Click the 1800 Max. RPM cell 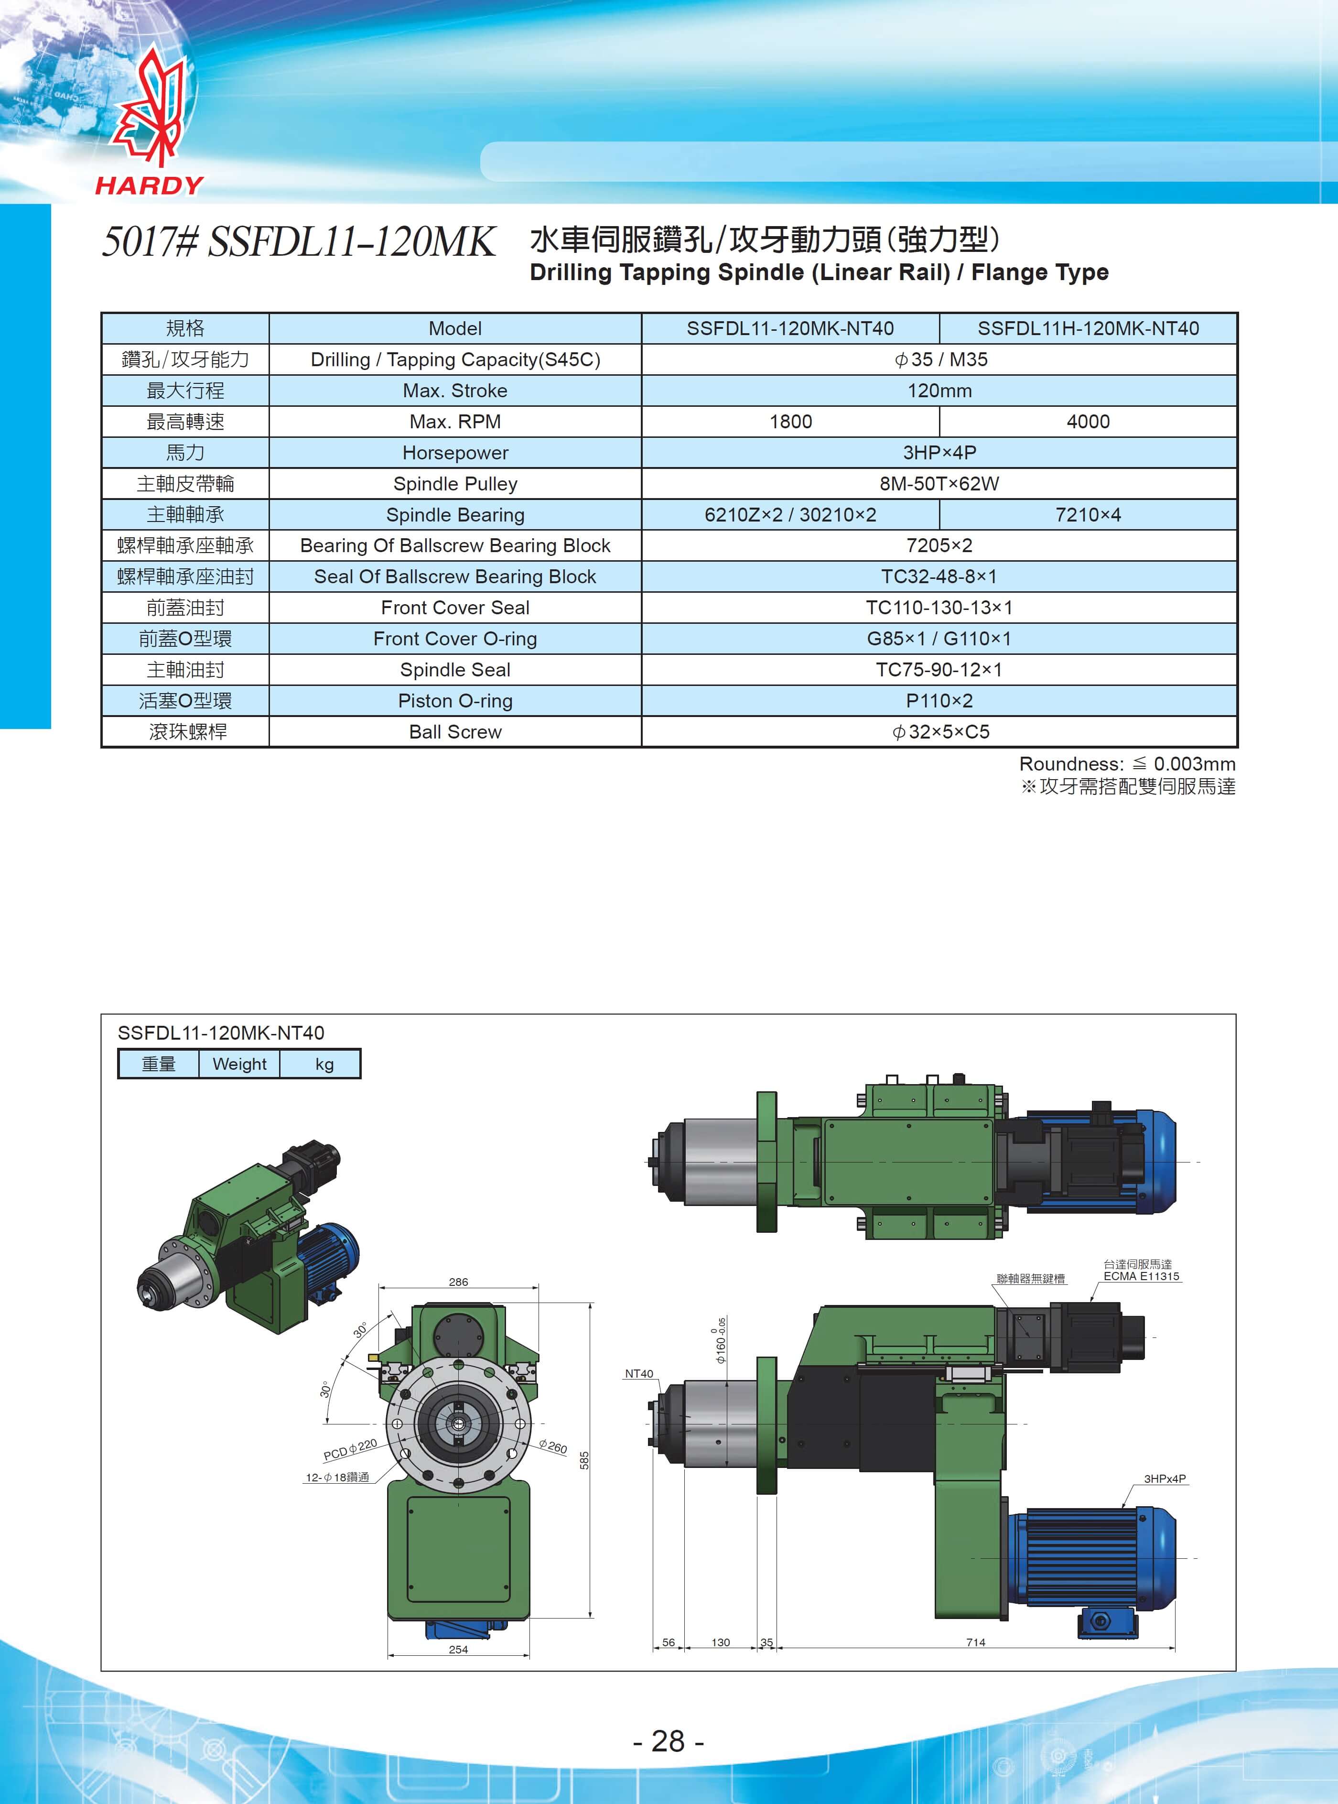pos(790,421)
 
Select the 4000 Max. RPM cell pos(1088,421)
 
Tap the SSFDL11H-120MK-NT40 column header pos(1088,328)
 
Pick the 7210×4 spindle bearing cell pos(1088,514)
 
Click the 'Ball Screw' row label pos(455,731)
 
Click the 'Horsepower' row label pos(455,453)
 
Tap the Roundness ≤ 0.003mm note pos(1127,764)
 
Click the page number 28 pos(668,1740)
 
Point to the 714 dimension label pos(975,1642)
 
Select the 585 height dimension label pos(584,1460)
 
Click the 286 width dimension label pos(458,1282)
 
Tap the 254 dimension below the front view pos(458,1649)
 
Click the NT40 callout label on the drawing pos(639,1373)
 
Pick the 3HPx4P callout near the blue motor pos(1165,1478)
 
